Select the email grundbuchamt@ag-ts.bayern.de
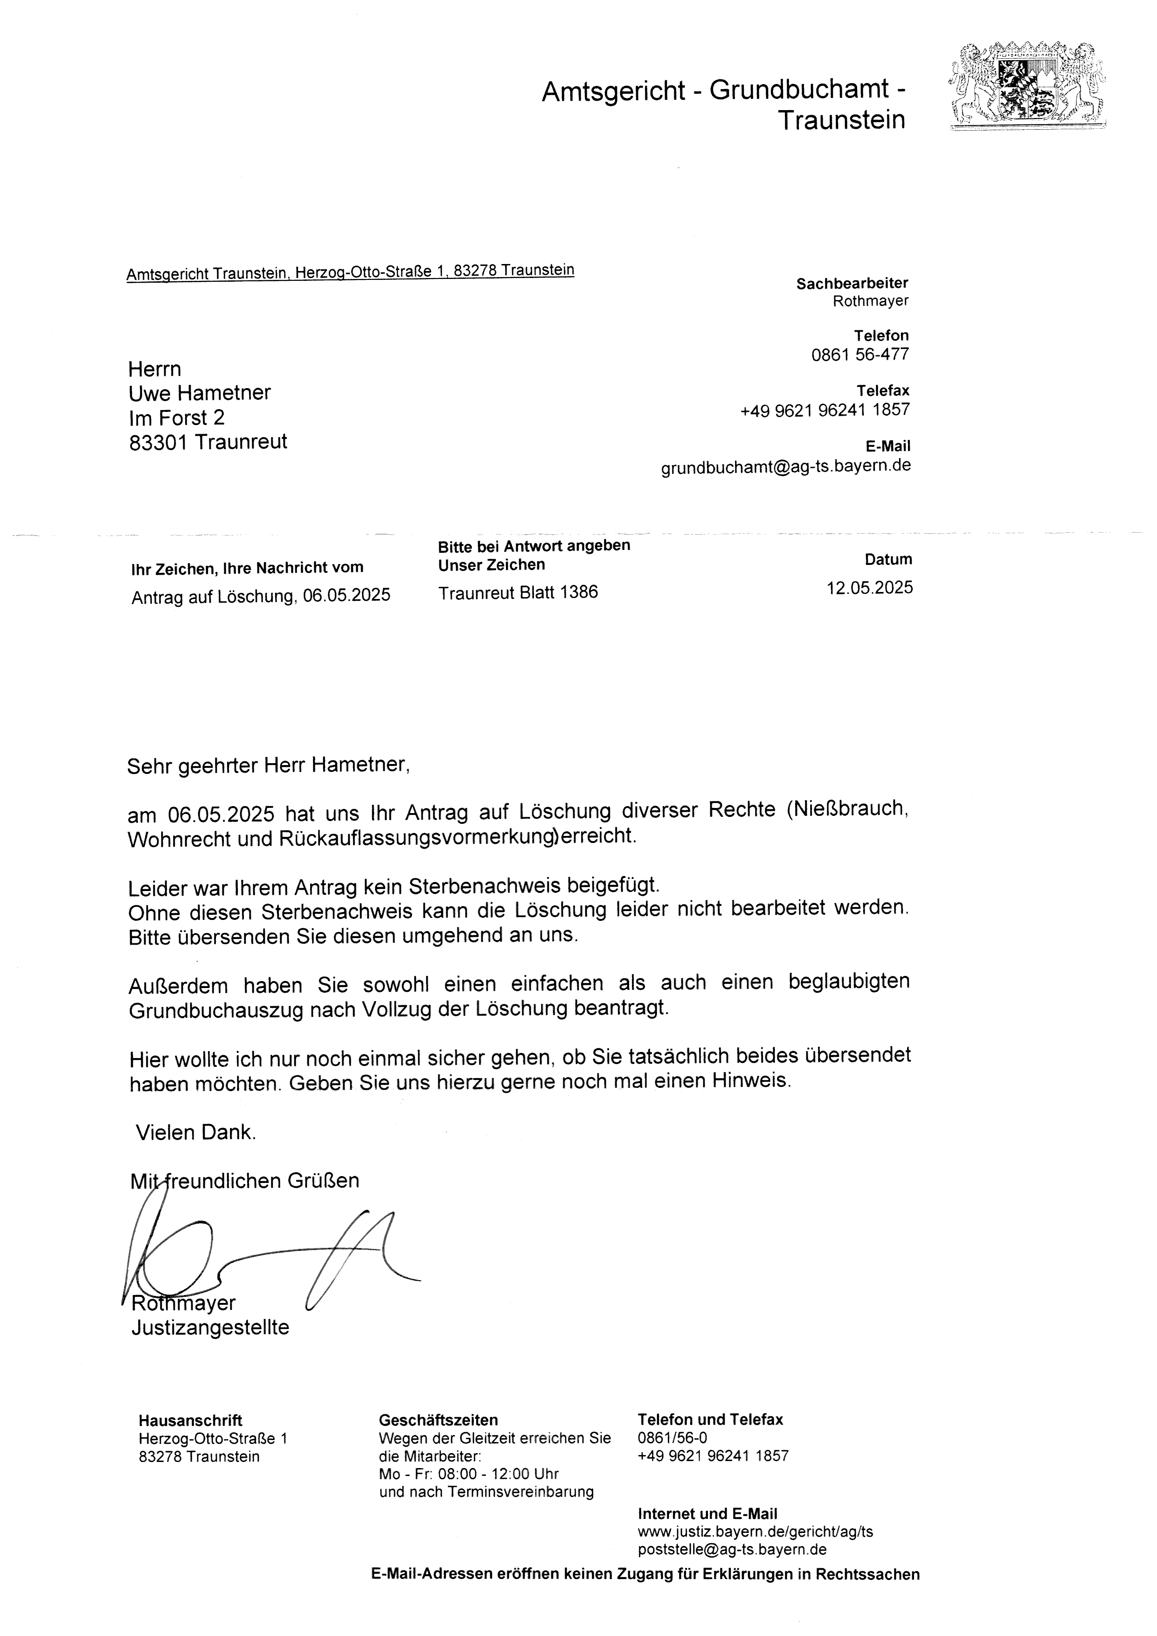[786, 466]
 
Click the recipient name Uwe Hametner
[200, 393]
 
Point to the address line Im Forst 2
[177, 418]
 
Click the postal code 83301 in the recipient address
[158, 443]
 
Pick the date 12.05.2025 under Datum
[869, 588]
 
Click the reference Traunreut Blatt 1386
[518, 592]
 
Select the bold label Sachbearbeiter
[852, 284]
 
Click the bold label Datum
[888, 559]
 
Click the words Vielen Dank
[196, 1132]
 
